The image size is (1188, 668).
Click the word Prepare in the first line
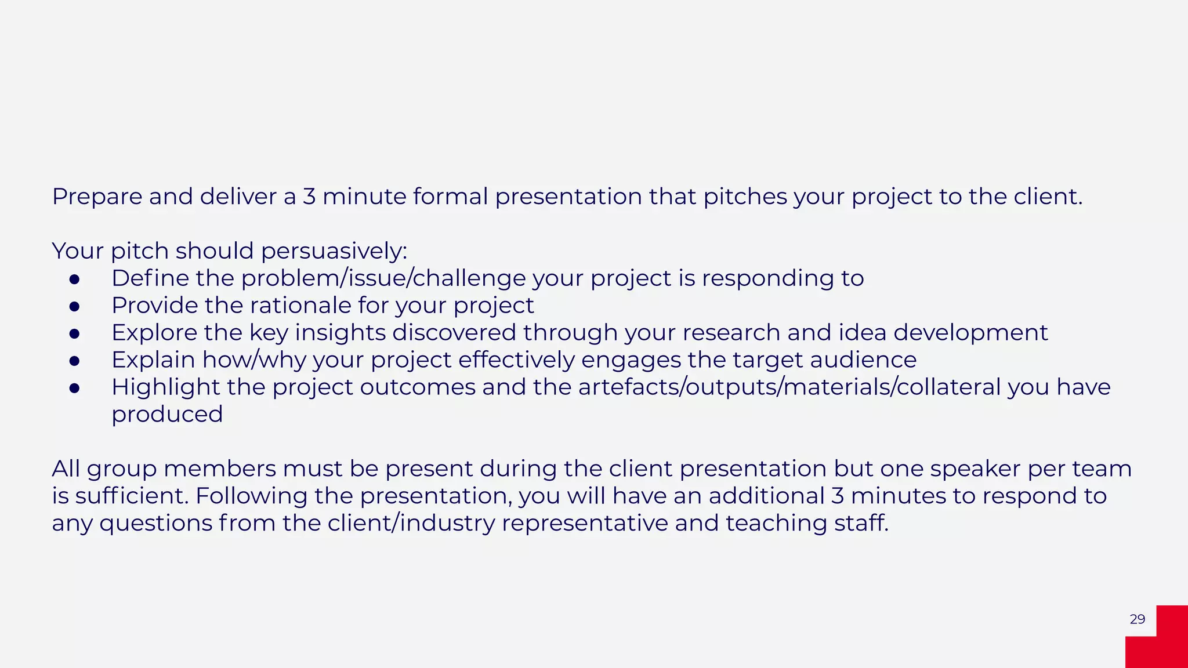tap(97, 197)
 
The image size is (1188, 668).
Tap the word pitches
tap(745, 197)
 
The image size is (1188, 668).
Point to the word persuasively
tap(334, 252)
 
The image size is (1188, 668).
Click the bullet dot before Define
tap(74, 279)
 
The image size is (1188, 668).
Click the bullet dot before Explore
tap(74, 333)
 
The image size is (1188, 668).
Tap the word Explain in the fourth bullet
tap(153, 360)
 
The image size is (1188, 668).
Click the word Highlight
tap(165, 387)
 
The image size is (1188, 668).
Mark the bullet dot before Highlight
tap(74, 388)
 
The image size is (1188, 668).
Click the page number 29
tap(1137, 619)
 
